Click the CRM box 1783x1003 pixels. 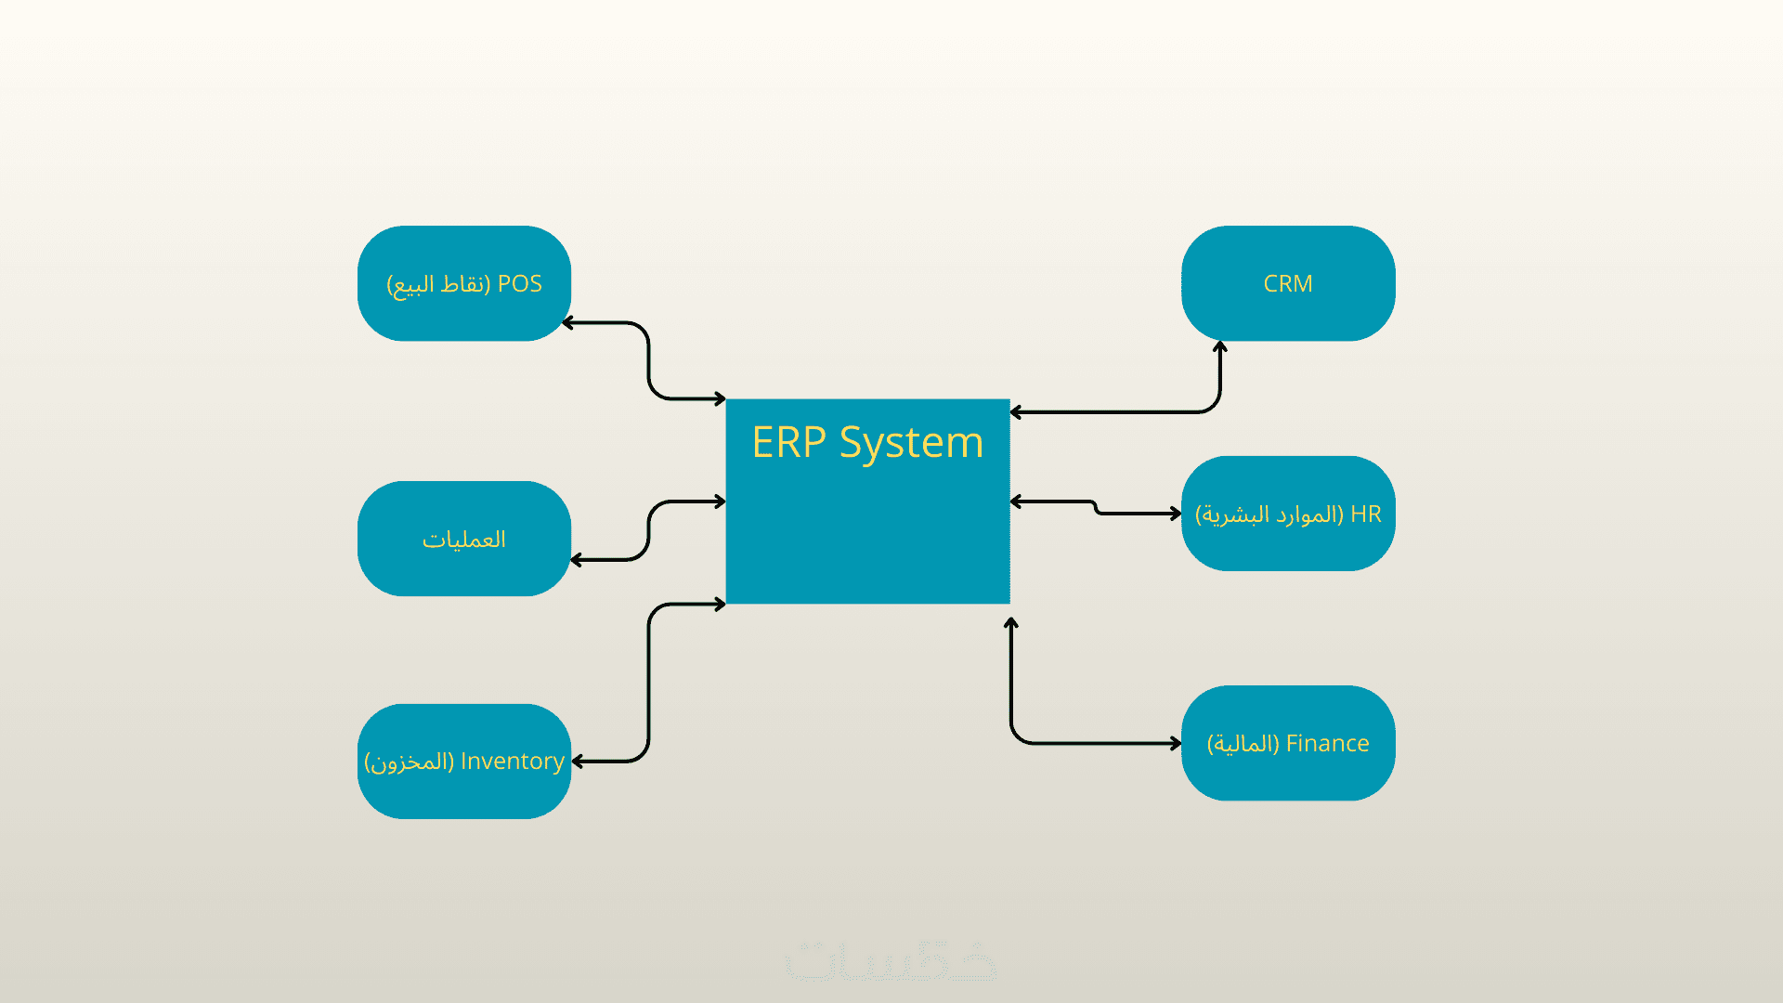(x=1288, y=283)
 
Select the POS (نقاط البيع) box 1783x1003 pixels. (x=463, y=283)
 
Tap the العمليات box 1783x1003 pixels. (x=463, y=539)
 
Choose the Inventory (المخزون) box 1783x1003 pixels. (x=463, y=762)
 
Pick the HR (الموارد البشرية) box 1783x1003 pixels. (x=1288, y=514)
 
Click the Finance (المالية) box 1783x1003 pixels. (x=1288, y=743)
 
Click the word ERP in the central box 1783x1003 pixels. (x=788, y=442)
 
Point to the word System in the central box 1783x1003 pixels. (x=911, y=443)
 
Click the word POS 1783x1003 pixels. (x=520, y=283)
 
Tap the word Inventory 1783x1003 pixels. (x=513, y=761)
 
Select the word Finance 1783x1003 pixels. (x=1327, y=743)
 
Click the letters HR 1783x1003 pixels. (x=1366, y=514)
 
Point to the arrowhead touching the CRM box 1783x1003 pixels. (x=1220, y=347)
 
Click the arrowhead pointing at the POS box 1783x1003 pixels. (x=568, y=323)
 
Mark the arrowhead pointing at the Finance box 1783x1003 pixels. (x=1176, y=743)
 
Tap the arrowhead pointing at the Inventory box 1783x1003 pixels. (x=578, y=762)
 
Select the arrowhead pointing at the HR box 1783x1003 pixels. (x=1176, y=513)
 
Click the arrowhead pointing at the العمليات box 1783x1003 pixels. (x=577, y=560)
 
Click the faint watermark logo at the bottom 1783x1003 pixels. (x=891, y=959)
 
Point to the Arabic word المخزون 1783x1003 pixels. (x=410, y=762)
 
